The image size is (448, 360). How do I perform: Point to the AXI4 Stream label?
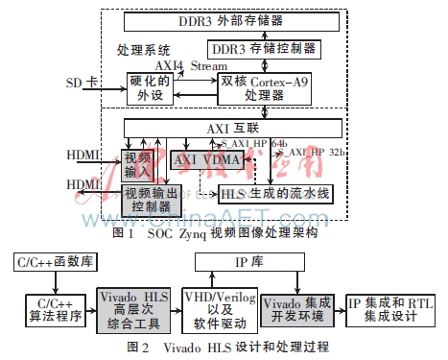coord(192,65)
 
